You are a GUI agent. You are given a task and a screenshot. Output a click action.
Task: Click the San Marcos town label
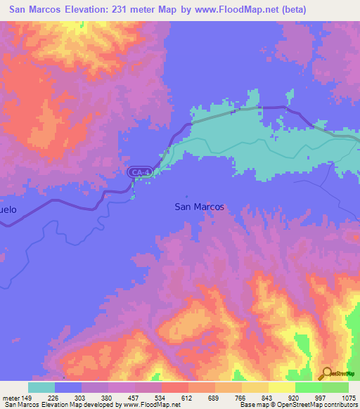199,207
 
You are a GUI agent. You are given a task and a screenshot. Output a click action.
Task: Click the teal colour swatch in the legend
41,387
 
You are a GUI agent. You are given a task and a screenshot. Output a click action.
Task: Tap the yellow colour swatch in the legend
281,387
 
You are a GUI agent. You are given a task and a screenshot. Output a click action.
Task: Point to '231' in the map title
124,10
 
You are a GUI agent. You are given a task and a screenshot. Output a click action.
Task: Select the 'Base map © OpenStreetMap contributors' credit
300,405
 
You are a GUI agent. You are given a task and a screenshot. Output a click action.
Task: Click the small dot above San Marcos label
187,196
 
